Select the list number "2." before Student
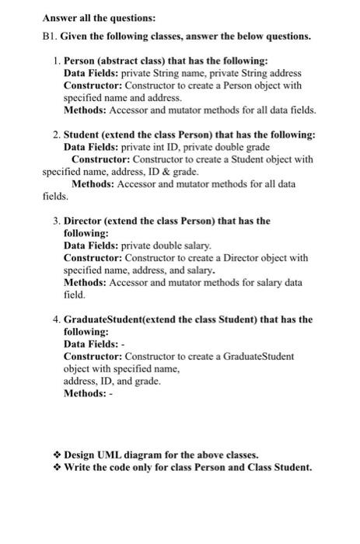pos(56,134)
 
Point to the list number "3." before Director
pos(56,221)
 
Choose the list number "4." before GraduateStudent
pos(56,319)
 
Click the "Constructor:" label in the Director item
pos(93,258)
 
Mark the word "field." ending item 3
pos(75,295)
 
